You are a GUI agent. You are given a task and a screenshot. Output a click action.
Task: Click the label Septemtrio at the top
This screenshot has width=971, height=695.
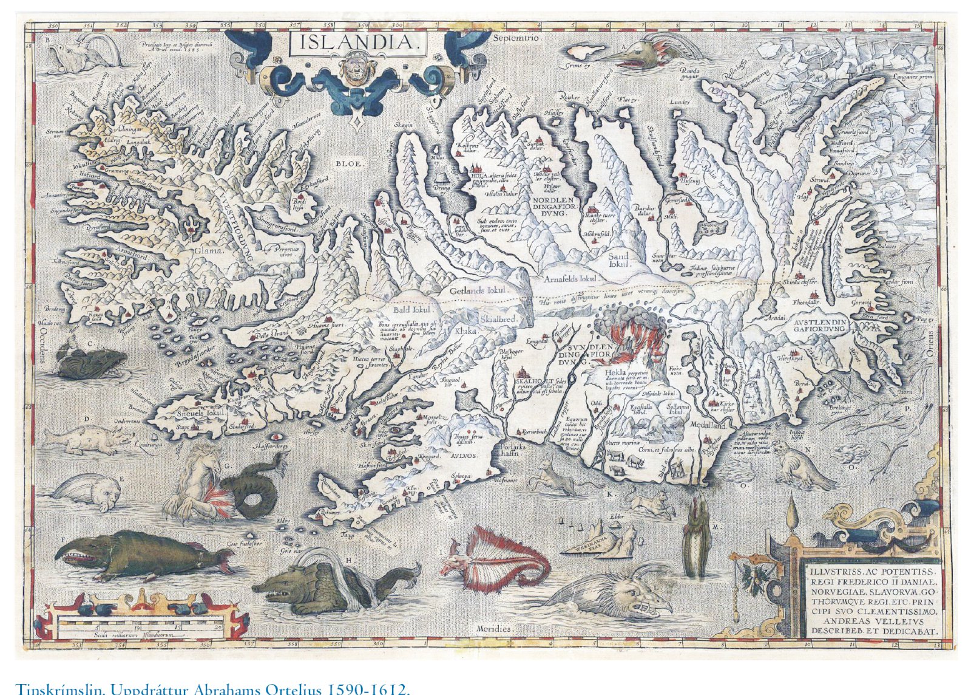tap(516, 38)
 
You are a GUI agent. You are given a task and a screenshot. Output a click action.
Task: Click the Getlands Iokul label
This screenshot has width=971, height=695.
tap(478, 291)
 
